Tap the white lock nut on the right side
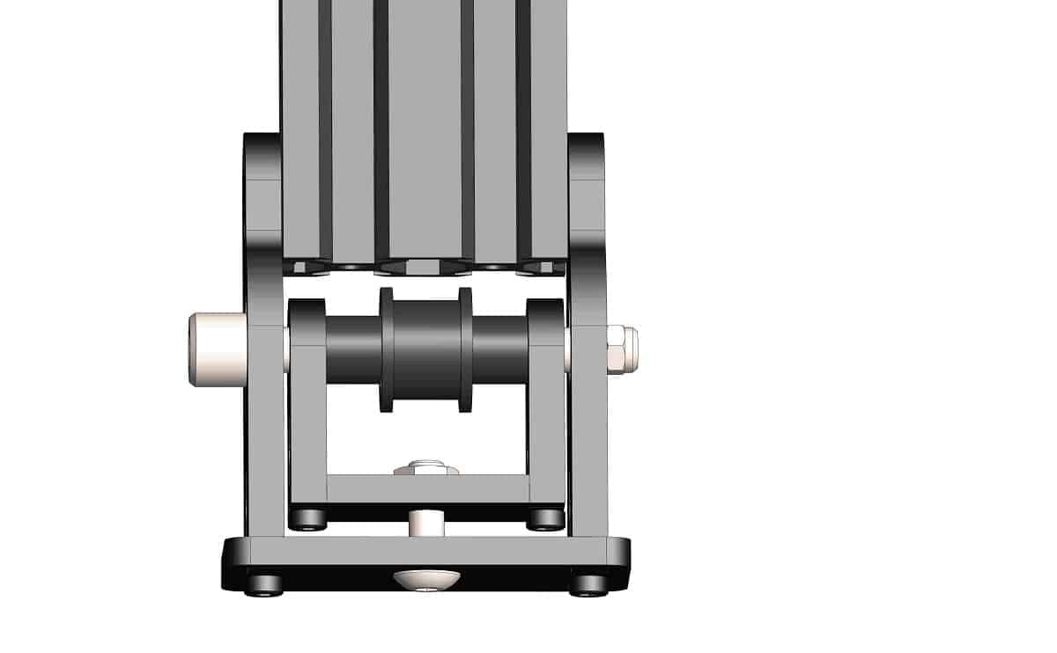tap(622, 349)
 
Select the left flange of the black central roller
tap(387, 349)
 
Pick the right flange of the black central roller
tap(465, 349)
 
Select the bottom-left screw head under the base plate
tap(265, 584)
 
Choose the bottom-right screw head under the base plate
tap(588, 584)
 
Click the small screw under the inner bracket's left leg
tap(308, 520)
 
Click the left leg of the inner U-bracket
tap(307, 414)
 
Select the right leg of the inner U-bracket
tap(546, 414)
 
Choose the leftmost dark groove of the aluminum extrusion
tap(325, 123)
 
